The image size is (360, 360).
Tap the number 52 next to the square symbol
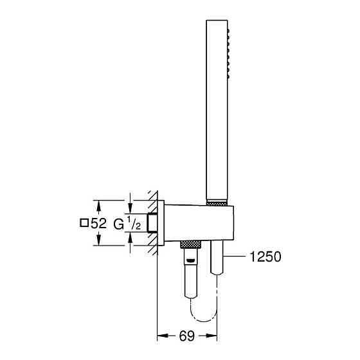tap(98, 224)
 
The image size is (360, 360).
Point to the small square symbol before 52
tap(84, 224)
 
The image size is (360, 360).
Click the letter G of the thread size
tap(118, 224)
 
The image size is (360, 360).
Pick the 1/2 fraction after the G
tap(132, 224)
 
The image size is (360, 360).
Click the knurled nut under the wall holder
tap(190, 245)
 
